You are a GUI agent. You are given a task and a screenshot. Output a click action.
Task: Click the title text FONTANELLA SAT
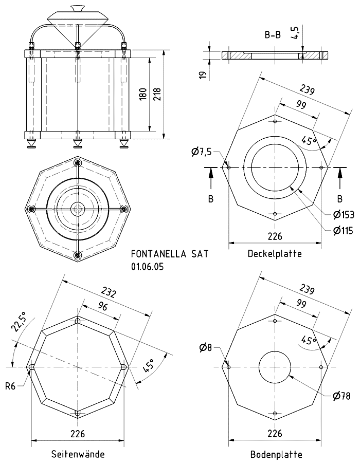(170, 254)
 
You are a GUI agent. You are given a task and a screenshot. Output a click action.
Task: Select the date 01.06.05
(147, 267)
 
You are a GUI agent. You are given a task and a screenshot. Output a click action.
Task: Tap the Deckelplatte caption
(275, 253)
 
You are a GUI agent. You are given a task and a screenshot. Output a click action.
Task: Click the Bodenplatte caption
(276, 454)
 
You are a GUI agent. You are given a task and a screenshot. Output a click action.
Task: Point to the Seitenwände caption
(78, 454)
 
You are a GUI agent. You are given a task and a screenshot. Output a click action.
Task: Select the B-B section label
(273, 35)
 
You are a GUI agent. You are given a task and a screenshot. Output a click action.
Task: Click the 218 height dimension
(157, 95)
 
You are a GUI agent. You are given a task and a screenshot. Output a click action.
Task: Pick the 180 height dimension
(143, 95)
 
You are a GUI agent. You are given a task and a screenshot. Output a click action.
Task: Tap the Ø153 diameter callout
(344, 215)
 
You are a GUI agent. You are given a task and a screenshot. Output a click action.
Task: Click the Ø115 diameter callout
(343, 230)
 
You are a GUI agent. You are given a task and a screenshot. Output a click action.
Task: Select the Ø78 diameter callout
(341, 396)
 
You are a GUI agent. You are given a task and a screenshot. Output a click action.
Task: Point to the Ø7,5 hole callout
(202, 153)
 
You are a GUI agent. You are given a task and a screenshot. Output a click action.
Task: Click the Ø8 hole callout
(205, 347)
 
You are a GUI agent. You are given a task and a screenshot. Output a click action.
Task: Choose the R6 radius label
(10, 386)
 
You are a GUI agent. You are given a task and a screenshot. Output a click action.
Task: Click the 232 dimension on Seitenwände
(109, 292)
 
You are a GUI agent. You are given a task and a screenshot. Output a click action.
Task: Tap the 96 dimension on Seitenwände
(103, 306)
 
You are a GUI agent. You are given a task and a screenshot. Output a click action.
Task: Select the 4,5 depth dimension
(295, 32)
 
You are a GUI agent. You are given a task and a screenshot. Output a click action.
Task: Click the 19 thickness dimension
(203, 75)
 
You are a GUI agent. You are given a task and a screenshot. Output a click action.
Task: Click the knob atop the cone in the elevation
(77, 8)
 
